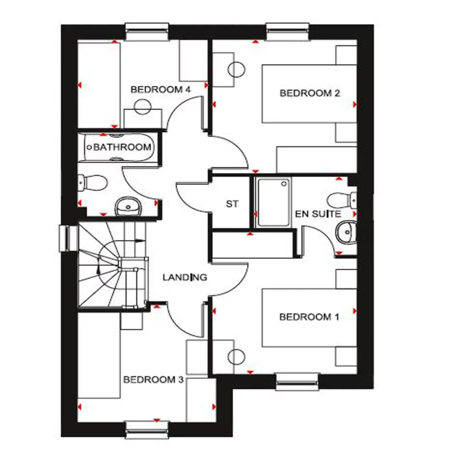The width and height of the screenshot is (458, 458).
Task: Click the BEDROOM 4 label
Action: tap(160, 90)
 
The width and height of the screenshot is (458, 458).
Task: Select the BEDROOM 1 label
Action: tap(309, 317)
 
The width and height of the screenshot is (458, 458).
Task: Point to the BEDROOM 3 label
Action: tap(153, 380)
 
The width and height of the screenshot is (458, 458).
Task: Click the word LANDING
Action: tap(185, 277)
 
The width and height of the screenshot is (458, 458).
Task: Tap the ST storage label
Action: tap(232, 204)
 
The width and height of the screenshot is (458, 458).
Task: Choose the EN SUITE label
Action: tap(318, 214)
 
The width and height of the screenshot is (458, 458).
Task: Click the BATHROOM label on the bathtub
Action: tap(122, 148)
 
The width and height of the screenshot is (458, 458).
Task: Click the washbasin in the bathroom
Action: tap(127, 206)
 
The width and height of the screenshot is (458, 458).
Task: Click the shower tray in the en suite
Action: tap(273, 202)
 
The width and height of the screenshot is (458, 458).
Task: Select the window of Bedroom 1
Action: tap(298, 381)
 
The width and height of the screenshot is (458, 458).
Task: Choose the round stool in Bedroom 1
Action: tap(237, 357)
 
